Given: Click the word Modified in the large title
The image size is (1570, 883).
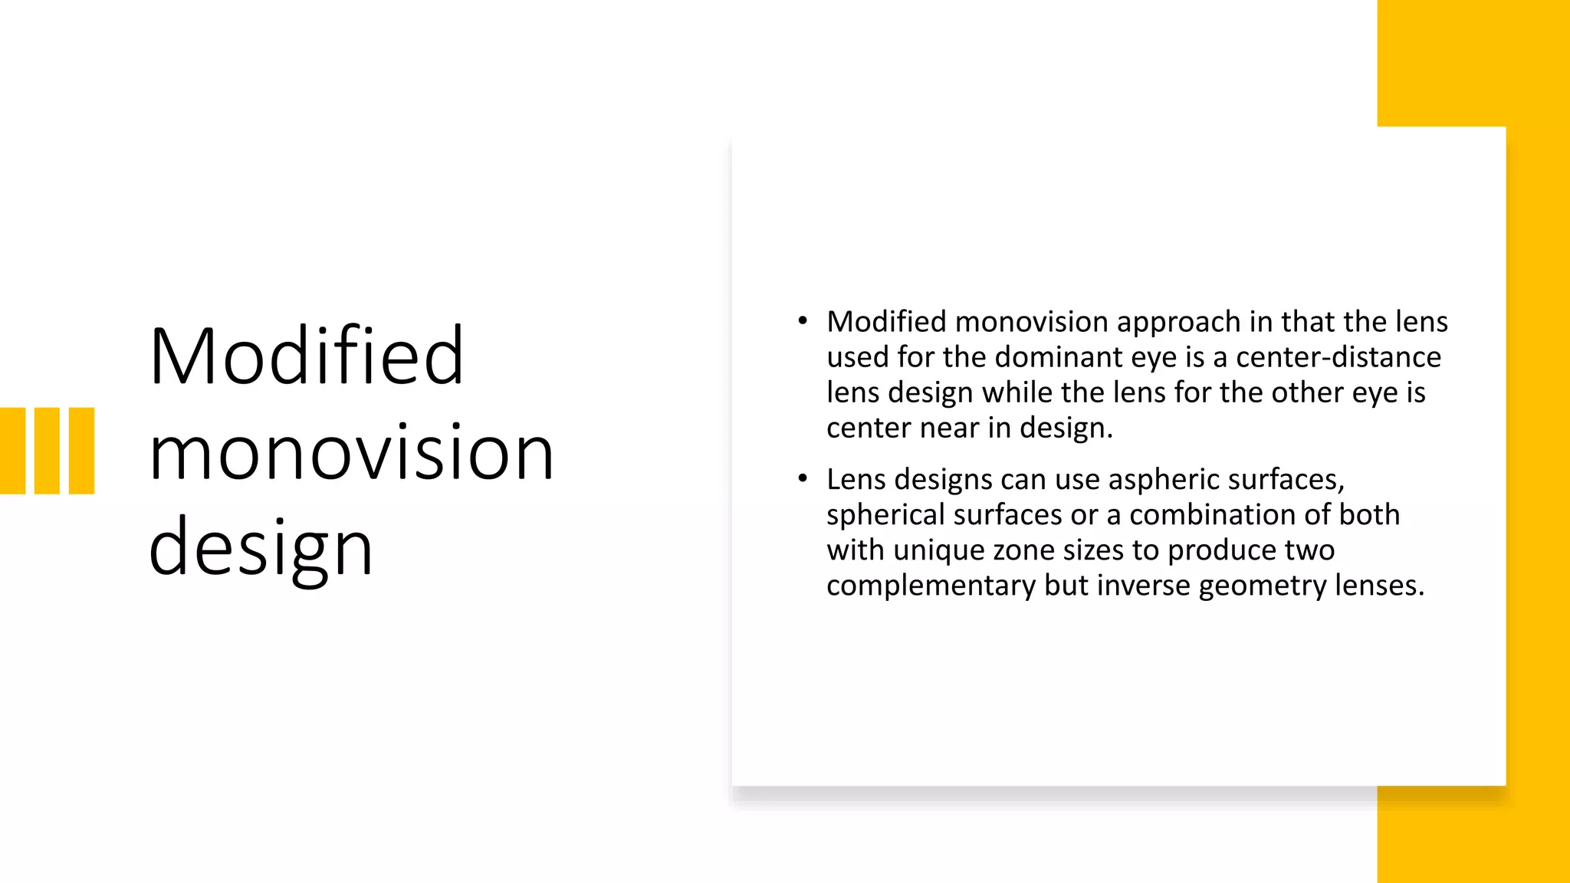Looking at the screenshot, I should [x=307, y=356].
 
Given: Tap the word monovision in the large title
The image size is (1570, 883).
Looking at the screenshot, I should [x=351, y=453].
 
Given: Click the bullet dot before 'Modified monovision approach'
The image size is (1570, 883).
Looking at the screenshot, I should [x=803, y=321].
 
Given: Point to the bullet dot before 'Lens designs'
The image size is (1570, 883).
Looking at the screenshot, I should [x=803, y=479].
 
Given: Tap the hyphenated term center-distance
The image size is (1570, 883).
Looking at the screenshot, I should [x=1338, y=357].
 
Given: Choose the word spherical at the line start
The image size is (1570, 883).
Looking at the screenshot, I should [x=885, y=515].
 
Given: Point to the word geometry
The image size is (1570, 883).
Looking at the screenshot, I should [x=1263, y=586].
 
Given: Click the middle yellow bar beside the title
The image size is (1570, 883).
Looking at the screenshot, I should [x=47, y=451].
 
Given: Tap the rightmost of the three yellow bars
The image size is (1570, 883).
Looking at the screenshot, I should [x=81, y=451].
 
